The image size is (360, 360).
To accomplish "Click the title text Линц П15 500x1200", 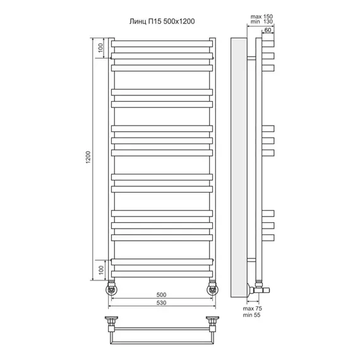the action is point(162,21).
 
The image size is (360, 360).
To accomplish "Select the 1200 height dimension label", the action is point(88,157).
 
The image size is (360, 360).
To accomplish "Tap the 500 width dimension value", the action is point(161,295).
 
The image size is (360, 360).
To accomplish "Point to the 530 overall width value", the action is point(161,303).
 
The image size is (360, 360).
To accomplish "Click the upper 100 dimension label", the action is point(100,48).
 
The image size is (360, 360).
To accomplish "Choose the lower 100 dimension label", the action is point(101,270).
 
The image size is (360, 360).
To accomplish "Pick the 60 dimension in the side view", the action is point(268,30).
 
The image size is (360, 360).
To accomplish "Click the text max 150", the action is point(261,16).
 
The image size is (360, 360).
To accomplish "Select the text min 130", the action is point(261,21).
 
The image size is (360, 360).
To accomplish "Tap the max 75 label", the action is point(253,309).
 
